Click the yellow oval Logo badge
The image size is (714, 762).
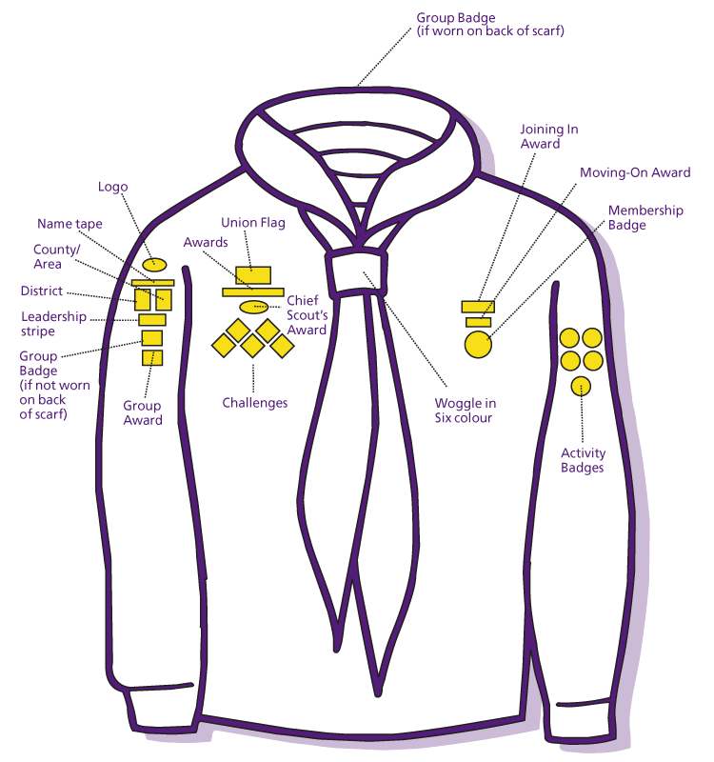click(154, 264)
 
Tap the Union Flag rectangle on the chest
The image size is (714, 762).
click(253, 275)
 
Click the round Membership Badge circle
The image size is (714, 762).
click(478, 344)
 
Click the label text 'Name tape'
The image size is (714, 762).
click(69, 224)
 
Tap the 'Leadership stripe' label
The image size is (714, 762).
click(52, 324)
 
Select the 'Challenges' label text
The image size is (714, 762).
click(255, 403)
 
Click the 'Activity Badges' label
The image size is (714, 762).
click(583, 460)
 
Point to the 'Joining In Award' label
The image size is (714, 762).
click(548, 136)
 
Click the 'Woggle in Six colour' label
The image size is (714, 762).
click(465, 411)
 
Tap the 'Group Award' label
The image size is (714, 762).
click(143, 412)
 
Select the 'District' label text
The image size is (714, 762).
click(42, 291)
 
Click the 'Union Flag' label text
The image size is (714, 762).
click(253, 223)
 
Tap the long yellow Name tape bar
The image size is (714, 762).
click(152, 283)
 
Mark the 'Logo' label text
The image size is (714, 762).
click(112, 187)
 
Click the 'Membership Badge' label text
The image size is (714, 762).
click(645, 217)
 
